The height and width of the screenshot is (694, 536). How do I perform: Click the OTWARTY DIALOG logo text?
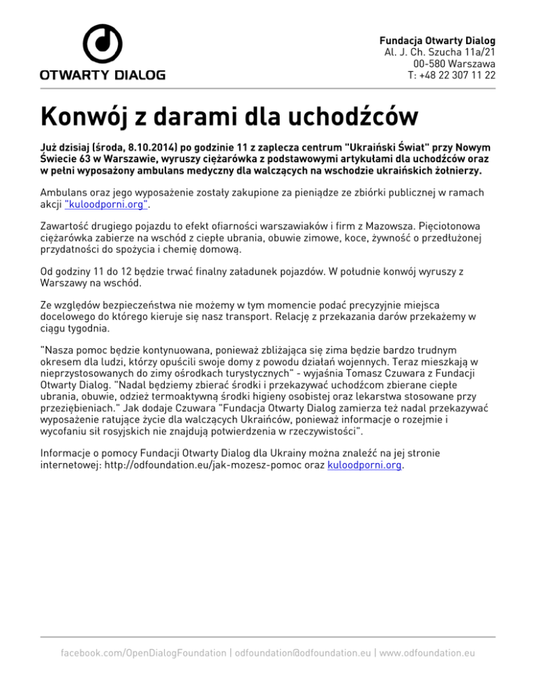(102, 74)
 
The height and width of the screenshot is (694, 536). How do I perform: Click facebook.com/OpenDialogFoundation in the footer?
(144, 653)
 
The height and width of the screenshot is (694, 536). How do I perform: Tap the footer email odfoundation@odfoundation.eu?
(302, 653)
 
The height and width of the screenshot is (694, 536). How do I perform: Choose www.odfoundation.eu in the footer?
(426, 653)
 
